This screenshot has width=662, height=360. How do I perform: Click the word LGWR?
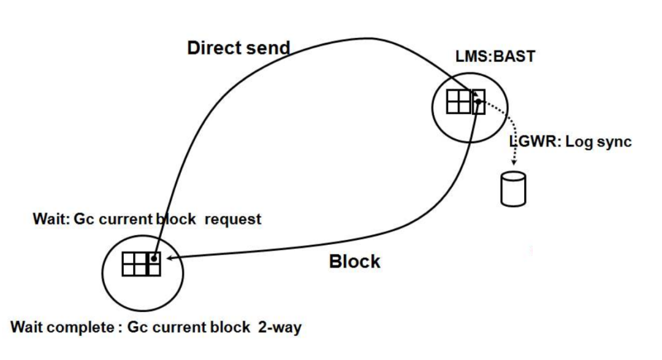pyautogui.click(x=531, y=143)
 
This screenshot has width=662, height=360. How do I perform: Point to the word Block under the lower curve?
pyautogui.click(x=354, y=261)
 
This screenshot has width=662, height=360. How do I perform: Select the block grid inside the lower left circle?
pyautogui.click(x=142, y=264)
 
